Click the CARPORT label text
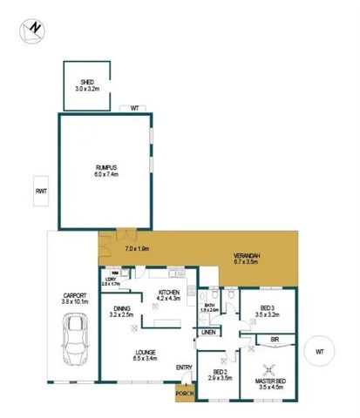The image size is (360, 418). coord(76,296)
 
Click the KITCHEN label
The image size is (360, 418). coord(168,293)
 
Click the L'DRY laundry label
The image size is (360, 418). coord(110,280)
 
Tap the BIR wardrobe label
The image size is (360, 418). coord(275,339)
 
